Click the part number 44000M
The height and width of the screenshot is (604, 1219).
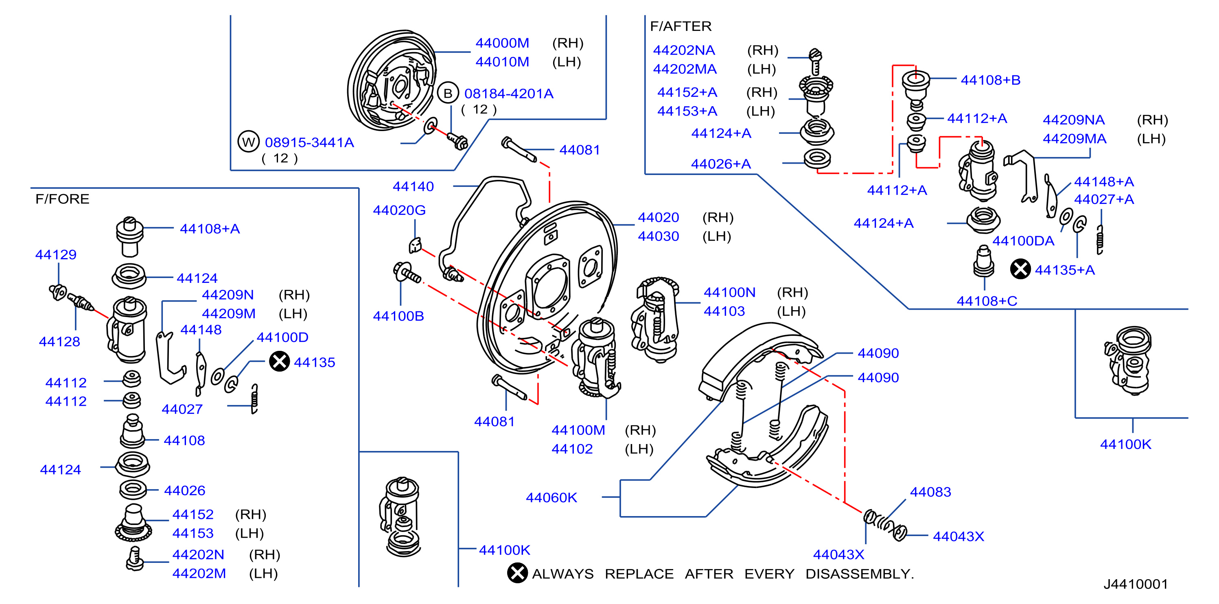point(502,43)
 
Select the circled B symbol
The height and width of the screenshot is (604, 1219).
point(448,93)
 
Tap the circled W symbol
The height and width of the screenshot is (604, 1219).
point(248,142)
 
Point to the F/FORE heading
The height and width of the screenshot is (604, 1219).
point(62,199)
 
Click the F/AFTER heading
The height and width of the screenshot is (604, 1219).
point(681,26)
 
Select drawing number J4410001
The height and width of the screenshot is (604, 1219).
point(1136,584)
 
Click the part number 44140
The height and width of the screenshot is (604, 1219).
point(413,186)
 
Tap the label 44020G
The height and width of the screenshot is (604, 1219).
point(399,210)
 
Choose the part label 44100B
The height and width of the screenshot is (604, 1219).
point(398,316)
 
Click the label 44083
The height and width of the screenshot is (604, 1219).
point(930,492)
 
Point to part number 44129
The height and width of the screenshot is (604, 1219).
point(56,255)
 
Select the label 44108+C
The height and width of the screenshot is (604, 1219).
point(987,301)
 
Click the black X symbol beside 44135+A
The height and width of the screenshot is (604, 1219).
point(1020,269)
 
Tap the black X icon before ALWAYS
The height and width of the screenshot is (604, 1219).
point(517,573)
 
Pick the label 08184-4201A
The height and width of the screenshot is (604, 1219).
point(509,94)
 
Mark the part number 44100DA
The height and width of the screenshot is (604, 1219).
point(1023,241)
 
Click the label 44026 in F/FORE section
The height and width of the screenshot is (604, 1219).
point(184,490)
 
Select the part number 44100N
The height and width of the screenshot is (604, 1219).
point(729,293)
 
